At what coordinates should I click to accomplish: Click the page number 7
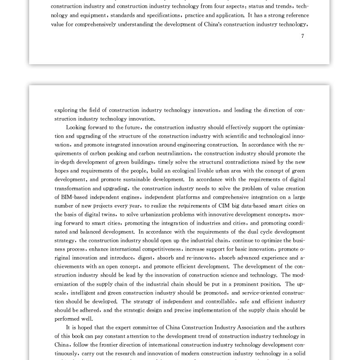(x=303, y=36)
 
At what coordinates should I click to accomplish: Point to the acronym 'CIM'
(x=224, y=206)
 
